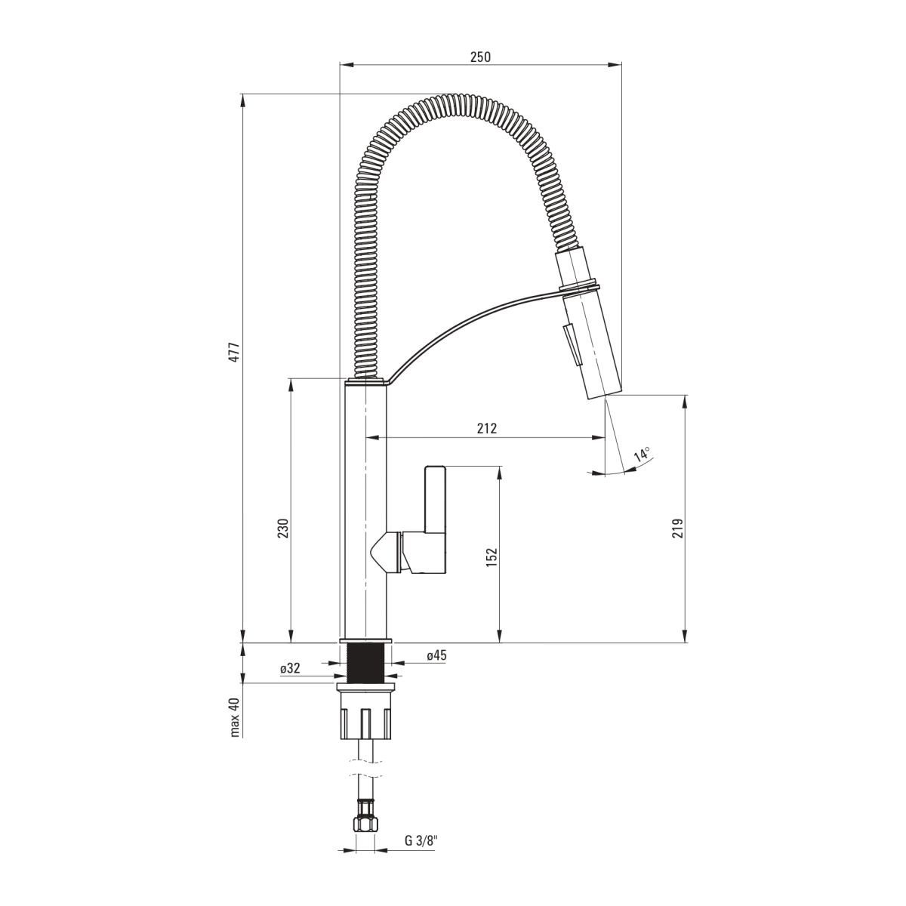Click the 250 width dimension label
coord(480,57)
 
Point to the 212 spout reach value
coord(487,428)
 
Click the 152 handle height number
coord(492,556)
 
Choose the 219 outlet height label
coord(677,528)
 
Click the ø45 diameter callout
coord(437,655)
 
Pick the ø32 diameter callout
coord(290,668)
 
